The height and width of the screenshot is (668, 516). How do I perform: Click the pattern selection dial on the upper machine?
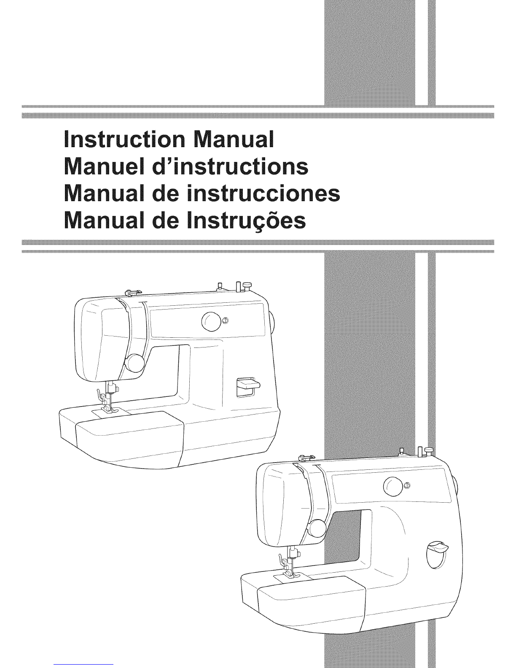(x=211, y=322)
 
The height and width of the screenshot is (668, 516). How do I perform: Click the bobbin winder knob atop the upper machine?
(x=247, y=286)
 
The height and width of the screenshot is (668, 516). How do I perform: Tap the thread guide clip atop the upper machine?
(x=131, y=291)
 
